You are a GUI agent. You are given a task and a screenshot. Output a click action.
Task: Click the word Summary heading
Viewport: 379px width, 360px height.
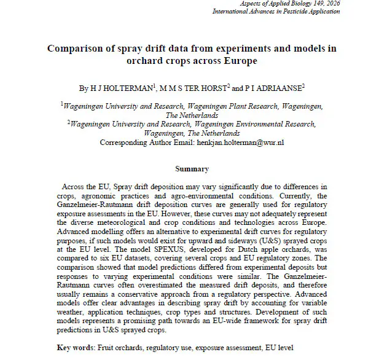(x=192, y=169)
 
